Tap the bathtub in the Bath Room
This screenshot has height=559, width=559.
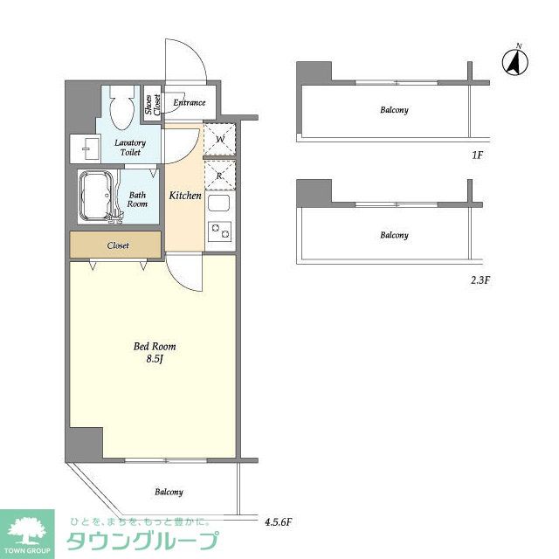click(x=96, y=197)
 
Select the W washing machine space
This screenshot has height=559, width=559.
click(x=220, y=139)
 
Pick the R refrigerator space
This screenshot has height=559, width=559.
click(x=220, y=175)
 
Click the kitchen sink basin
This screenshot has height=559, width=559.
click(x=219, y=204)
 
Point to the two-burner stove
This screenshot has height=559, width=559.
click(x=219, y=231)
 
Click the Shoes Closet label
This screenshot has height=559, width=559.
click(x=153, y=105)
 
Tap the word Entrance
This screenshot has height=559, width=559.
click(x=190, y=103)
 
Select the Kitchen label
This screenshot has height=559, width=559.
click(x=185, y=196)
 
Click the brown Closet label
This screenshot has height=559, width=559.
click(x=118, y=245)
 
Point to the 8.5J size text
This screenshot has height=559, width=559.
click(x=155, y=359)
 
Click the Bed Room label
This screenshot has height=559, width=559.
click(x=155, y=346)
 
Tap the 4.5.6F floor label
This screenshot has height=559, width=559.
click(x=278, y=522)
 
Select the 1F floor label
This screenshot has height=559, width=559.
click(x=477, y=155)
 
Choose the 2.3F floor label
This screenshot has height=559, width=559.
click(x=480, y=280)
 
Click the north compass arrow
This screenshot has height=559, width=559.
click(x=515, y=63)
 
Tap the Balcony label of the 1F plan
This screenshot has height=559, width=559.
click(x=394, y=110)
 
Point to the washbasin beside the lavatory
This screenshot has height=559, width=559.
click(x=86, y=148)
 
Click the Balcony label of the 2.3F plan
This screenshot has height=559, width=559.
click(x=394, y=235)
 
